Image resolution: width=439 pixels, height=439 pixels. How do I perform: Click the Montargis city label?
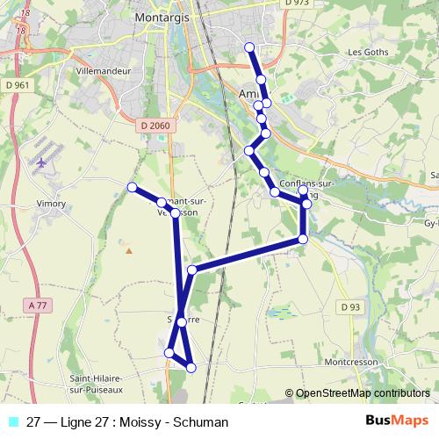(x=164, y=17)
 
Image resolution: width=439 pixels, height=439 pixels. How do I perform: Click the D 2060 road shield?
(x=155, y=126)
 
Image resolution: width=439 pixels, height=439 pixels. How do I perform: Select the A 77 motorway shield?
(x=36, y=305)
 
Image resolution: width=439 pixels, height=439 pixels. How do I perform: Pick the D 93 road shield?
(x=350, y=306)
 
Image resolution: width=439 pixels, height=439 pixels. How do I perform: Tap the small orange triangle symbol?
(x=129, y=250)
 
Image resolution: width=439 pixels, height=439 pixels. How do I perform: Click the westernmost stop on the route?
(x=132, y=187)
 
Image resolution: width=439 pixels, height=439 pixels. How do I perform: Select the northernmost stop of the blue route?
(x=249, y=47)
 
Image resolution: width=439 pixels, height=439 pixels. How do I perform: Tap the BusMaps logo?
(x=396, y=421)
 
